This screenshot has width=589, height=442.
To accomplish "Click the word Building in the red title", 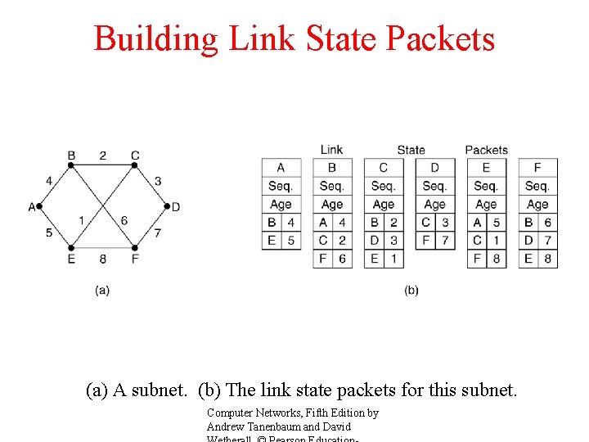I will tap(155, 38).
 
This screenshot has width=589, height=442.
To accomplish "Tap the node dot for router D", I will tap(166, 207).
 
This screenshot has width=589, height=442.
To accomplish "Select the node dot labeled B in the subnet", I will tap(71, 165).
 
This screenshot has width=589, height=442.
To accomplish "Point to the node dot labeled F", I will tap(134, 247).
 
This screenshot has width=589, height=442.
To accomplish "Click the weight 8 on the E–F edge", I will tap(102, 259).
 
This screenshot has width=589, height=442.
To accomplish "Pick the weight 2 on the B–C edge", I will tap(102, 156).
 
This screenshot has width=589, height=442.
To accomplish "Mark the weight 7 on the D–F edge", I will tap(157, 232).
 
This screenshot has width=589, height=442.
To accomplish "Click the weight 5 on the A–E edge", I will tap(49, 232).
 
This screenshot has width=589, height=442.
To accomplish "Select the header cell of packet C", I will tap(383, 168).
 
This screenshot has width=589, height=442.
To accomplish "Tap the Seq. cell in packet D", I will tap(434, 186).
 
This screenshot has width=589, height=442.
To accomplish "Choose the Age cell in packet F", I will tap(537, 204).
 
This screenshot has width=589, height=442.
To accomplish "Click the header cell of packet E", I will tap(486, 168).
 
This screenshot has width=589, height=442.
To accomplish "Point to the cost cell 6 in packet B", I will tap(342, 259).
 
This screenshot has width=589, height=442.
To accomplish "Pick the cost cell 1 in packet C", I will tap(393, 259).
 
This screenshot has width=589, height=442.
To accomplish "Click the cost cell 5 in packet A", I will tap(290, 241).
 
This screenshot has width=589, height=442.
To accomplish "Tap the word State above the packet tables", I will tap(411, 150).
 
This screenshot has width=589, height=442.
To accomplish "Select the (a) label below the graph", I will tap(102, 290).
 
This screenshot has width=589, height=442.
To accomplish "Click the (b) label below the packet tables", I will tap(411, 290).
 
